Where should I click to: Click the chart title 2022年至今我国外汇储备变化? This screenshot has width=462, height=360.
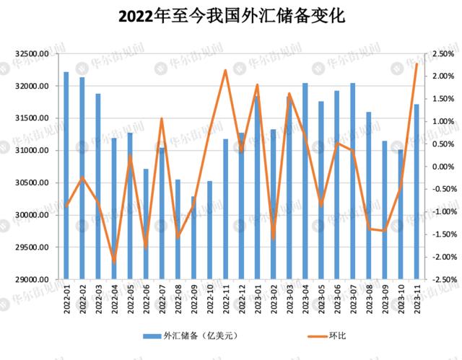[232, 16]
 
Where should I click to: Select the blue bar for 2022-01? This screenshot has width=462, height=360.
[66, 175]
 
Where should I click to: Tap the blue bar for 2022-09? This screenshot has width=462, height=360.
[193, 238]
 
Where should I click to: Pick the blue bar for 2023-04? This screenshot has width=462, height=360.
[305, 181]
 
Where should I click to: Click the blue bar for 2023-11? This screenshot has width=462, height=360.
[417, 192]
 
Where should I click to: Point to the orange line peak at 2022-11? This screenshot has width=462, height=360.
[225, 71]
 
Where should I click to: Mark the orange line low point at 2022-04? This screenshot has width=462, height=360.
[114, 261]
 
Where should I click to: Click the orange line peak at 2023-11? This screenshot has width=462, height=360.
[417, 63]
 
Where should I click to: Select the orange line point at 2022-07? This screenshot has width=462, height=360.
[162, 118]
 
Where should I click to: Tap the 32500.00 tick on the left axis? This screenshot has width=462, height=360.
[32, 54]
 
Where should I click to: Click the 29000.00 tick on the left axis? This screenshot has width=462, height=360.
[32, 279]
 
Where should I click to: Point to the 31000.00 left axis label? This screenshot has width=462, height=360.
[32, 150]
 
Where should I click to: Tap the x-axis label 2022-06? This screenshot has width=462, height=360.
[147, 299]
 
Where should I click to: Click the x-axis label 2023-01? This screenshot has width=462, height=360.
[258, 299]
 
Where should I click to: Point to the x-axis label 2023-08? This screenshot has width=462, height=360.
[369, 299]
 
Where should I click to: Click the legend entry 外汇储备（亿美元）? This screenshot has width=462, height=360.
[191, 336]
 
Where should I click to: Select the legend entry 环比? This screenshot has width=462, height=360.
[327, 336]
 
